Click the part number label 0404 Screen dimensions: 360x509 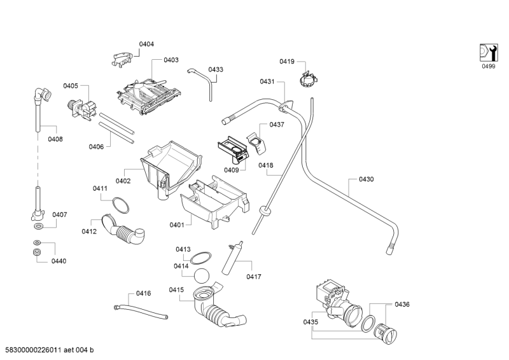tap(146, 44)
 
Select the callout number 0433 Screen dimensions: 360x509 tap(216, 69)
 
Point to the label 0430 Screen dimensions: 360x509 tap(366, 179)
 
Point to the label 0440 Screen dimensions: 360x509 tap(59, 261)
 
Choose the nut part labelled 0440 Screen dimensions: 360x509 tap(37, 253)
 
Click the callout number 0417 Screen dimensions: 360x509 tap(254, 277)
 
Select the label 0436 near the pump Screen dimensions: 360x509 tap(402, 304)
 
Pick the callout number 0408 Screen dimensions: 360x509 tap(55, 139)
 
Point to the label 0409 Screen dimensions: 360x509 tap(231, 169)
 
